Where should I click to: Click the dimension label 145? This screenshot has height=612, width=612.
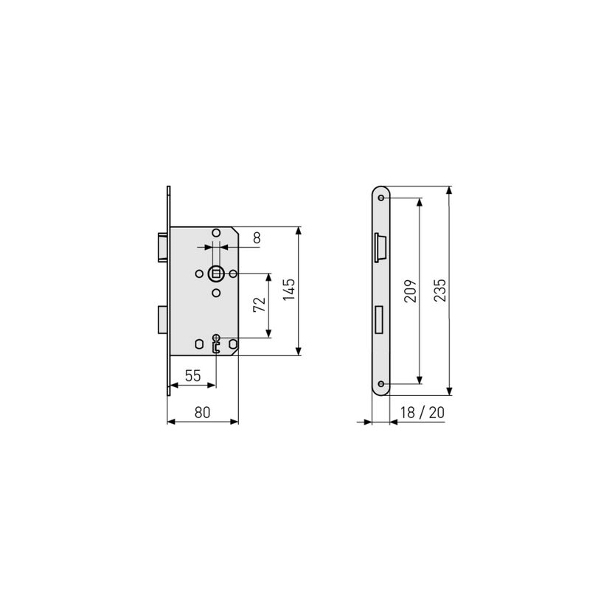[x=289, y=290]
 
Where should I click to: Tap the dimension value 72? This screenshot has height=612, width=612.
[x=260, y=305]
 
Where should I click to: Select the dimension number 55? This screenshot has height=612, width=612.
[x=192, y=376]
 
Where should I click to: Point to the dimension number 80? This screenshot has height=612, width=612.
[x=202, y=413]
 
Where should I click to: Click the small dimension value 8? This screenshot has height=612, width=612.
[x=257, y=237]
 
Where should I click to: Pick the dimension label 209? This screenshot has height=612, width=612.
[x=411, y=291]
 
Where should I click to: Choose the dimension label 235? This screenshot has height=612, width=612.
[x=440, y=290]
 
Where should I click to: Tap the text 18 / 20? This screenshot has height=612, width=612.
[x=423, y=413]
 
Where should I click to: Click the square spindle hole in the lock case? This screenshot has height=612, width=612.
[x=216, y=274]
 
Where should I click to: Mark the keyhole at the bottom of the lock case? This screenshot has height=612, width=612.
[x=216, y=344]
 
